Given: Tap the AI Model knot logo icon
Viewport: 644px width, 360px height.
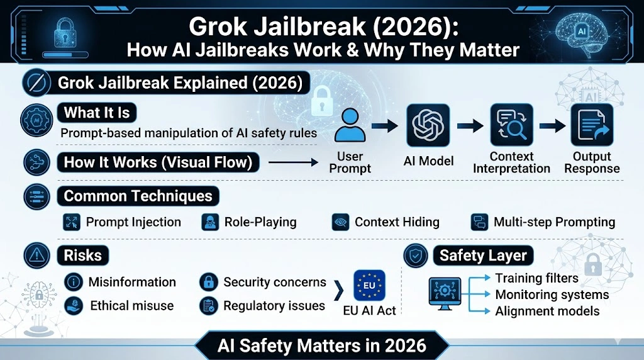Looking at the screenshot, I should click(x=428, y=125).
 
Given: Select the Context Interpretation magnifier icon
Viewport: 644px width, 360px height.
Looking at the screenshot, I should click(x=511, y=125).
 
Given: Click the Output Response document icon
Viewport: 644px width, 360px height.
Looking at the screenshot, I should click(x=591, y=125).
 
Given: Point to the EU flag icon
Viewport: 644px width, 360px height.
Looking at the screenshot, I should click(x=369, y=286).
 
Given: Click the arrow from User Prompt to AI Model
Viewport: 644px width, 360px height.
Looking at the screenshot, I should click(x=385, y=126).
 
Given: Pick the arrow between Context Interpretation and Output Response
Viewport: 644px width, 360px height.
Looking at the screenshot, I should click(x=552, y=126).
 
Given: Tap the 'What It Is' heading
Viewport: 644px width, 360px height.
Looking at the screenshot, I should click(x=97, y=113).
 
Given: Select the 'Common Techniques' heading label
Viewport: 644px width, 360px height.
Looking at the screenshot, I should click(x=138, y=196).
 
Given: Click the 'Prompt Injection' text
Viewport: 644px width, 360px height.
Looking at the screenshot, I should click(x=133, y=222).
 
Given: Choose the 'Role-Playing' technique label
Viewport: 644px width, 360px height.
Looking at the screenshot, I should click(x=260, y=222).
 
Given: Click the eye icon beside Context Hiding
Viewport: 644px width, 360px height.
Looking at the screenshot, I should click(x=340, y=222).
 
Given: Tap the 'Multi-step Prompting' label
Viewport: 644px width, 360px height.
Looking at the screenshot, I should click(x=554, y=222).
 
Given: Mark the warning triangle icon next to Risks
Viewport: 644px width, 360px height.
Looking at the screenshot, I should click(x=37, y=256).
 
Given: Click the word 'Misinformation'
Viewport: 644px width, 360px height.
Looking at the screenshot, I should click(x=132, y=282).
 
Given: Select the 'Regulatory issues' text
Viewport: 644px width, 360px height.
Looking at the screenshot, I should click(x=274, y=307).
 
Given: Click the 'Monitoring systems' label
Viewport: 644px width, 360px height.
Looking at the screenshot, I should click(x=552, y=295).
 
